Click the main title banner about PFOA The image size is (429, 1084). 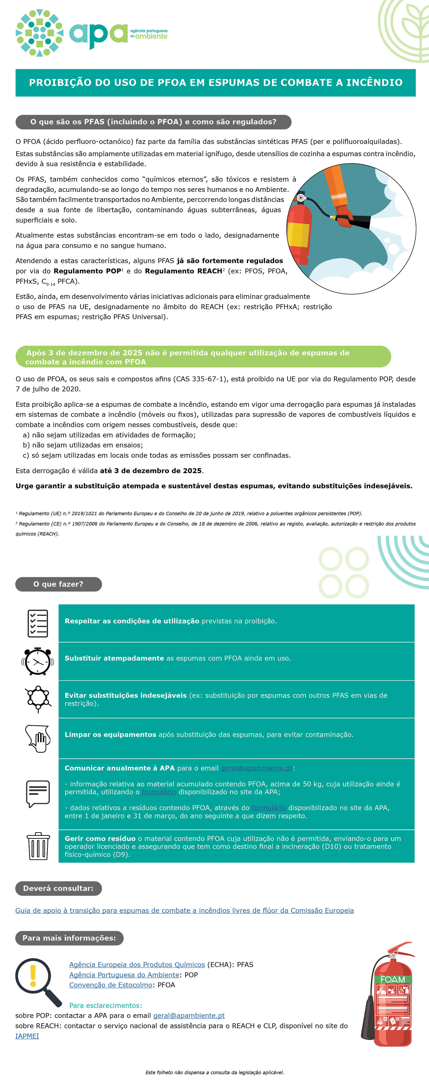point(215,82)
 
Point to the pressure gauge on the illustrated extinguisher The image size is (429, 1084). point(300,197)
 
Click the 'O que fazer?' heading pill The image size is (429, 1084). point(58,584)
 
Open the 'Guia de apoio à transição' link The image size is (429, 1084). point(184,910)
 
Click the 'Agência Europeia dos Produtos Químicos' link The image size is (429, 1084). point(137,965)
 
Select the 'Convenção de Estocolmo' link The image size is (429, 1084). point(111,985)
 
